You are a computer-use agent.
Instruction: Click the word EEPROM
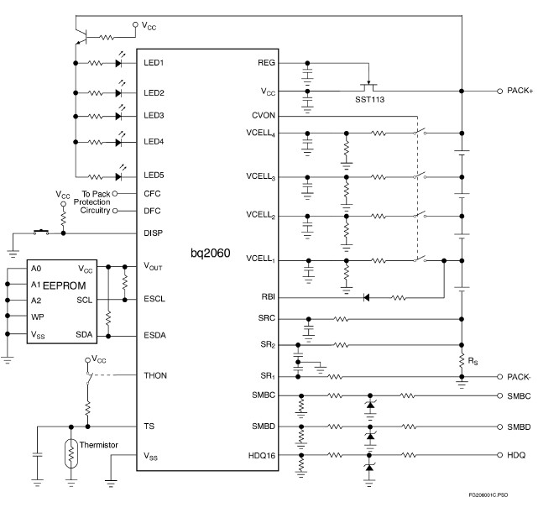point(65,285)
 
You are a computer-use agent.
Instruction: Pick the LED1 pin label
point(153,63)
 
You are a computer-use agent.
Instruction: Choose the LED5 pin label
point(153,175)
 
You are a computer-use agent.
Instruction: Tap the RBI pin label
point(269,296)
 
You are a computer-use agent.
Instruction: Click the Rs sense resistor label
point(475,363)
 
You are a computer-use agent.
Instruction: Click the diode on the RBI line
point(367,296)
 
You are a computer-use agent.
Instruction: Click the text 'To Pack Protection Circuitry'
point(91,202)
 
